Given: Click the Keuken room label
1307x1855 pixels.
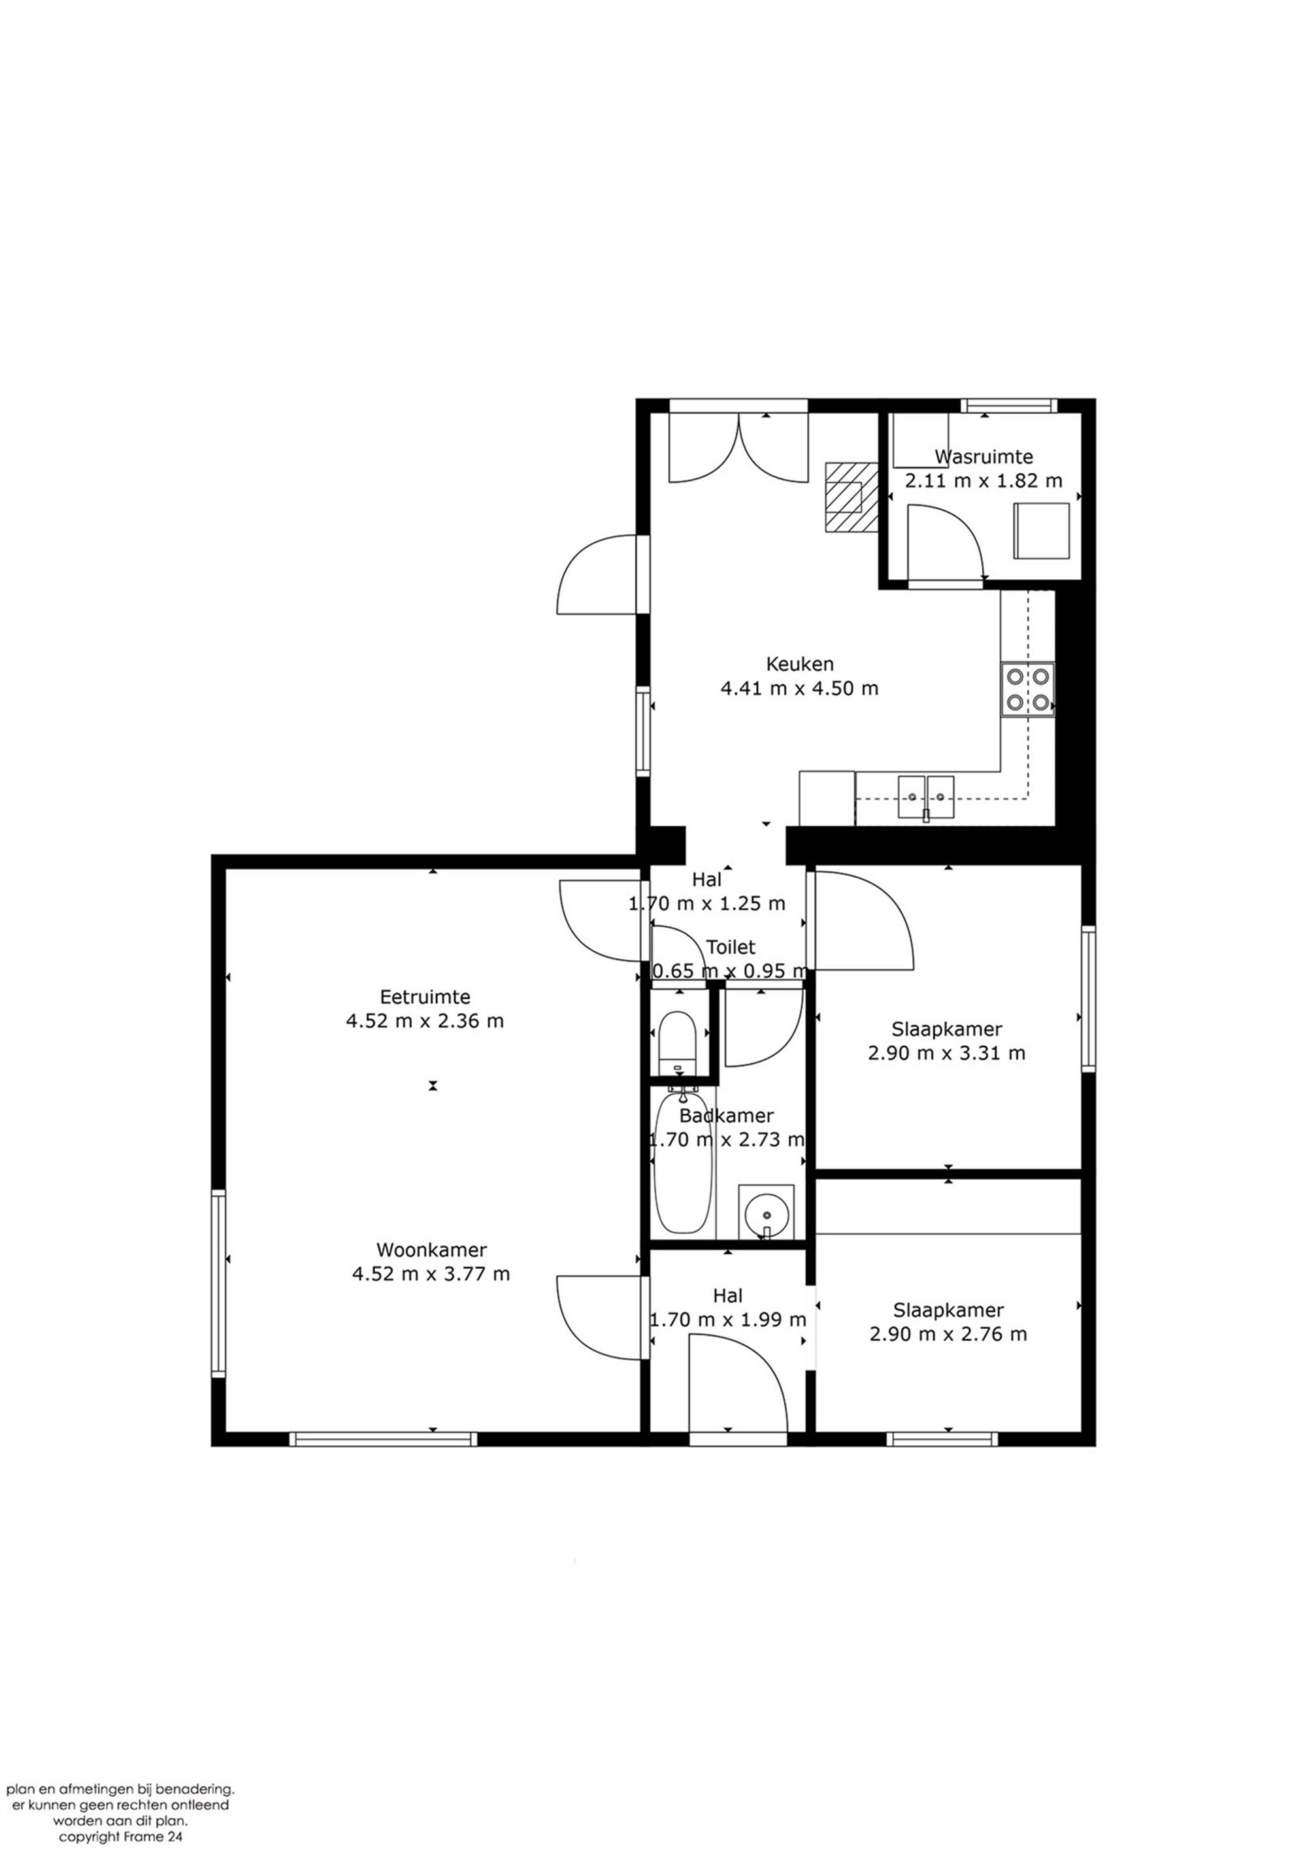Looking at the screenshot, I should coord(798,664).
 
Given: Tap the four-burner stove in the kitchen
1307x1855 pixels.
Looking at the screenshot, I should coord(1027,689).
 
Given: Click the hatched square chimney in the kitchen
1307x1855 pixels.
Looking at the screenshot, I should coord(851,496).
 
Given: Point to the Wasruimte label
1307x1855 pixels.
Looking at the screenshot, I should coord(983,456).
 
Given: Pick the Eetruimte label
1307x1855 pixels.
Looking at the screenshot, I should coord(425,997).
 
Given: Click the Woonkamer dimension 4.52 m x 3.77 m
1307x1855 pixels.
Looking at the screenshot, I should coord(431,1274).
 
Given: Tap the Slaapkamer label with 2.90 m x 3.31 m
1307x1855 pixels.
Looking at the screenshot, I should coord(947,1029).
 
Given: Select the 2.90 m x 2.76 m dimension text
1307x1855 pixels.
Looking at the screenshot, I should coord(948,1334).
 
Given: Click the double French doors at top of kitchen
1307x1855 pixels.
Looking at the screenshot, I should coord(738,449).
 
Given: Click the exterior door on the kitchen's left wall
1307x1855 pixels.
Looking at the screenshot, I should coord(598,574).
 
